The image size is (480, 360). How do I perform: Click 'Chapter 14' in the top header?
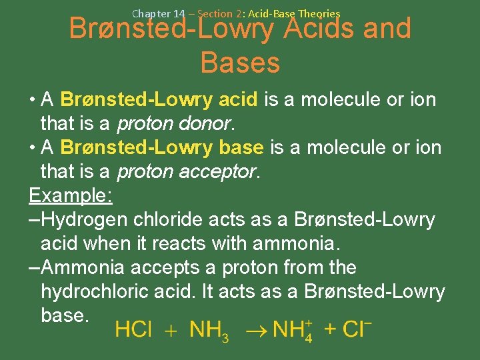158,13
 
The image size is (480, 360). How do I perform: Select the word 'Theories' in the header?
319,13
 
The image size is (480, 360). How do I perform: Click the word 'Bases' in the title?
239,63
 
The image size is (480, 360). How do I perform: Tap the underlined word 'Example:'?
71,196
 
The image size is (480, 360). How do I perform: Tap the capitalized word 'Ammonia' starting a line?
85,268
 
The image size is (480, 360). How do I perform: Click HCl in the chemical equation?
133,330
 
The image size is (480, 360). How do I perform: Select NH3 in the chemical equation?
209,331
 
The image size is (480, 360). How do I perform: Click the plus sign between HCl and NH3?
171,330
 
